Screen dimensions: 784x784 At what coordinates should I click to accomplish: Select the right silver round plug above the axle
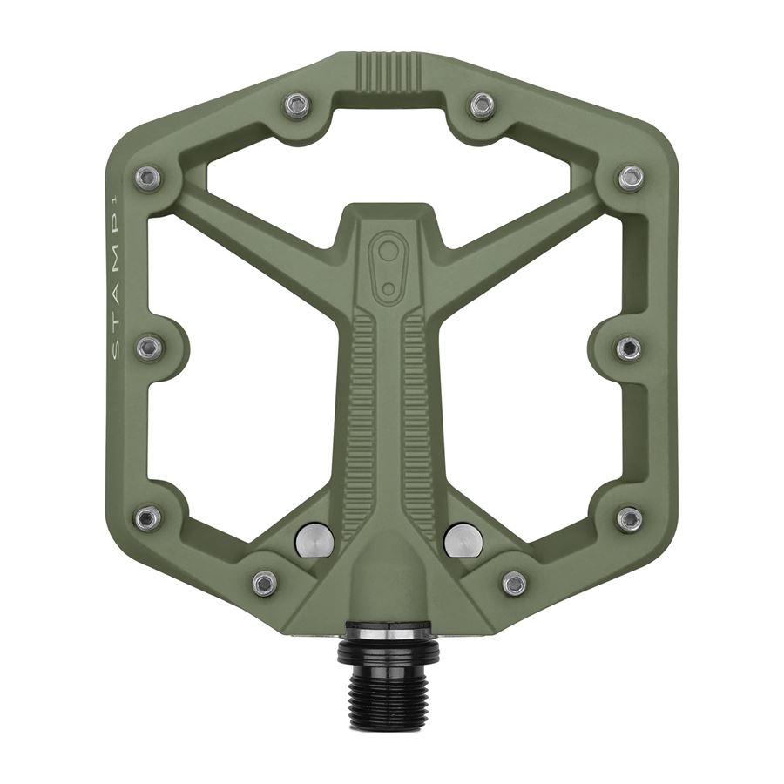(x=463, y=540)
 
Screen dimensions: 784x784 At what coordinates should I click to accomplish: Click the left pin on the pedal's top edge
(x=298, y=105)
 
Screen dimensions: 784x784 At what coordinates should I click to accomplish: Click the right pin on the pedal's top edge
(x=482, y=105)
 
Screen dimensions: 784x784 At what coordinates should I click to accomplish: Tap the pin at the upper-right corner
(x=632, y=178)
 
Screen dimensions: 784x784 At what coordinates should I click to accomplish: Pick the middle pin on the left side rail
(x=149, y=348)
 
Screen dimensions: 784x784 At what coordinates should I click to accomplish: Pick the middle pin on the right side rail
(x=629, y=348)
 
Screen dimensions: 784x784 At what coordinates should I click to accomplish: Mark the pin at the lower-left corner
(x=148, y=518)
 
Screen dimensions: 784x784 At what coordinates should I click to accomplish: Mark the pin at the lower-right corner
(x=630, y=518)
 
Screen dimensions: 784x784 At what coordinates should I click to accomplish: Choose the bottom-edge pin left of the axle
(x=265, y=583)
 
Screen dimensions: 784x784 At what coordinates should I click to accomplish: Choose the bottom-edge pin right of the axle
(x=514, y=583)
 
